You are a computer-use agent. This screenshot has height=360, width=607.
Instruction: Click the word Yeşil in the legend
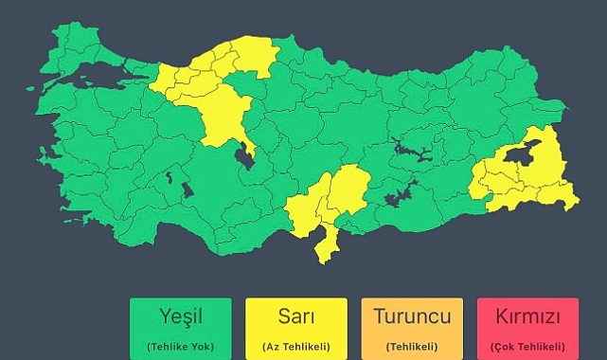180,316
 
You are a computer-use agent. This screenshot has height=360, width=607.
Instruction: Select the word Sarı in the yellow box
295,316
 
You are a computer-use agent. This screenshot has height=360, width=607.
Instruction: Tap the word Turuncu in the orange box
412,316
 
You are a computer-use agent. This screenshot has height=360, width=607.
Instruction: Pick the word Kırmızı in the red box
527,316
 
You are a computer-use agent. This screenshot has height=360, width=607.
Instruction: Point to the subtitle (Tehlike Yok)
180,346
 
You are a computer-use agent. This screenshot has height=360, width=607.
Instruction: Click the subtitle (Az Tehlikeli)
295,346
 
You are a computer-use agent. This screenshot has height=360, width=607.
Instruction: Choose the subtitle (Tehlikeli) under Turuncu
412,346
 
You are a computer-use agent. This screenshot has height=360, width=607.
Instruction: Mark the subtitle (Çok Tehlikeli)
527,346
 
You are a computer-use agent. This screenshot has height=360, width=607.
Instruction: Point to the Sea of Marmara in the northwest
99,76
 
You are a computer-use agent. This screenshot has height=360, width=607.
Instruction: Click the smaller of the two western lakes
170,175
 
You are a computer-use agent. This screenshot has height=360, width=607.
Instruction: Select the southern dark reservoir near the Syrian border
398,197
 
